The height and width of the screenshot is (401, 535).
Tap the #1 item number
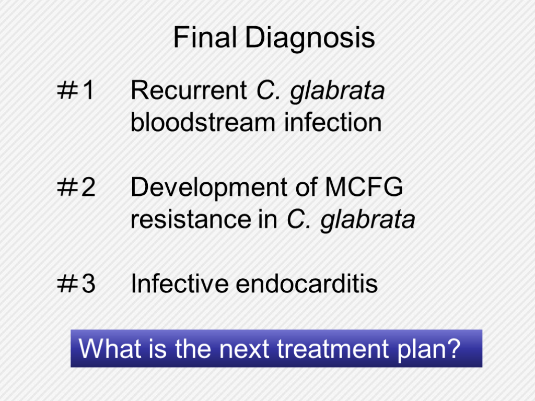click(75, 90)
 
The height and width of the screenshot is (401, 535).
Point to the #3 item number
click(76, 284)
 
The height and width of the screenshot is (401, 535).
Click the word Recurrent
click(189, 90)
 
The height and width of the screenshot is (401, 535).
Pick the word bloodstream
click(203, 122)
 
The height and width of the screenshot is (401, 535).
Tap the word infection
click(333, 122)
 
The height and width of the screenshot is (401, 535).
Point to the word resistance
click(191, 219)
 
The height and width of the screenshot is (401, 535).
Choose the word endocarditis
click(307, 283)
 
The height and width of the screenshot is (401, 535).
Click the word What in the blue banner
click(110, 348)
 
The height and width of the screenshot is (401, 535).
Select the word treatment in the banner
click(333, 348)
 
